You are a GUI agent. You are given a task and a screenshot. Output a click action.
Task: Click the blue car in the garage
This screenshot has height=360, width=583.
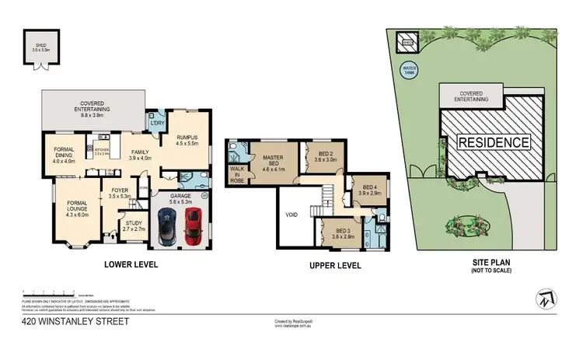point(166,226)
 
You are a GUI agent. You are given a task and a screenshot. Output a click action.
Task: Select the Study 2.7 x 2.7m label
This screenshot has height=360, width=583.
point(134,226)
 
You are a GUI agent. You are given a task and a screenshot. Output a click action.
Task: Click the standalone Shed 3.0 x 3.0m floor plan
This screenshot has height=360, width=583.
point(40,44)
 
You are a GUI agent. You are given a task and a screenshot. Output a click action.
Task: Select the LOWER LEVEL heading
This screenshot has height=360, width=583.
point(131,264)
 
